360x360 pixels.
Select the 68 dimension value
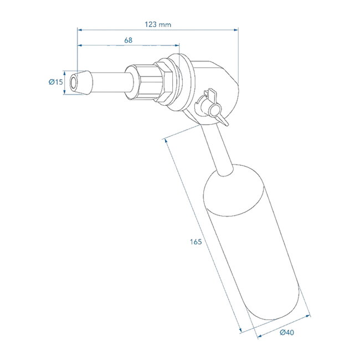click(x=128, y=40)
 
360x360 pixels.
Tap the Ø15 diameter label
click(x=55, y=82)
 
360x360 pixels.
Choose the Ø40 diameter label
click(x=286, y=332)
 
